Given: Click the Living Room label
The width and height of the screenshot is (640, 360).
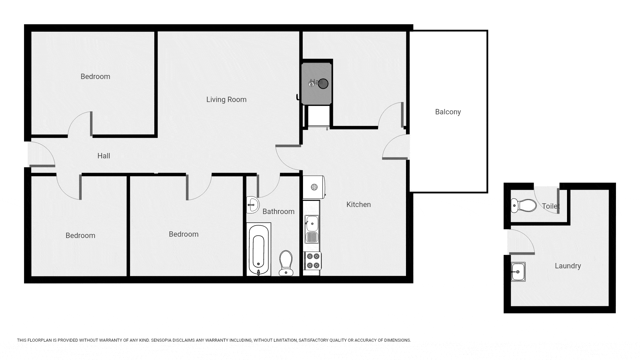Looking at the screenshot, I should [x=226, y=99].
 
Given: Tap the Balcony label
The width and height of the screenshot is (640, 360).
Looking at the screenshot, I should [x=448, y=112].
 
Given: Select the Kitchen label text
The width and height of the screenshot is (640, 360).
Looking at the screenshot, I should [x=358, y=204].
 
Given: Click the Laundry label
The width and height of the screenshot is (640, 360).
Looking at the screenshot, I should [x=568, y=266].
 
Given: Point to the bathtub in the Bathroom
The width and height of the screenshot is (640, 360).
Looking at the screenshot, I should [x=259, y=249].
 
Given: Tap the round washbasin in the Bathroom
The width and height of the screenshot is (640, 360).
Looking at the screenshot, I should [x=253, y=204].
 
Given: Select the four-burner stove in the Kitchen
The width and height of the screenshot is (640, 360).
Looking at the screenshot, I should [x=313, y=261].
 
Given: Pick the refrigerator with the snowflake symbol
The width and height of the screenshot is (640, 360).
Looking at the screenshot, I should [x=313, y=187].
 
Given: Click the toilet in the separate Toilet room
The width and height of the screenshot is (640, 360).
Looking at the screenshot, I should [x=523, y=205].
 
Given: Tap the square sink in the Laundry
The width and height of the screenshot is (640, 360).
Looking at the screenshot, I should [x=518, y=272].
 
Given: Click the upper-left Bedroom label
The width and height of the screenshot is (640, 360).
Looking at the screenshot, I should [x=95, y=76].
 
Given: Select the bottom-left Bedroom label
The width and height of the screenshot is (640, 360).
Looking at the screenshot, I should [x=80, y=235].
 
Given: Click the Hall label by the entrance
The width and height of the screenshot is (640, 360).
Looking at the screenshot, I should [x=104, y=156].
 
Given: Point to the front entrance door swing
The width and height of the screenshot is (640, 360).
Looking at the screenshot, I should [x=41, y=154].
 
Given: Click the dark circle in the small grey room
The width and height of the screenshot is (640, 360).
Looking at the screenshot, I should [x=323, y=84].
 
